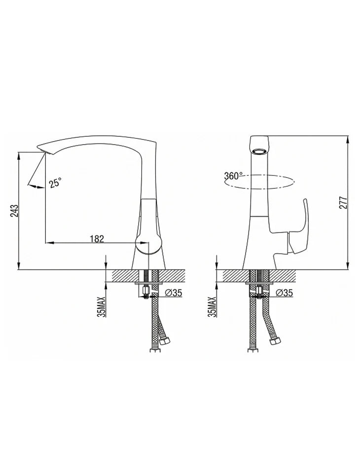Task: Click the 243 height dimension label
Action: coord(15,211)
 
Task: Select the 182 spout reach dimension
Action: coord(97,239)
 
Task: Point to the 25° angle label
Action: coord(55,183)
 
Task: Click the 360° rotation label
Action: coord(233,176)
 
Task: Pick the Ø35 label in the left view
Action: coord(173,293)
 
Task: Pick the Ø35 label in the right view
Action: coord(284,293)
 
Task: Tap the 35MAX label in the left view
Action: coord(102,307)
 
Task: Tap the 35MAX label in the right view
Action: coord(213,307)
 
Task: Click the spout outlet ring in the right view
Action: coord(259,152)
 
